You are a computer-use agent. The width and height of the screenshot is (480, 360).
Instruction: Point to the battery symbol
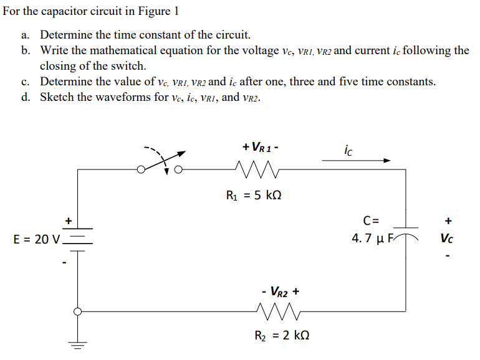coord(79,240)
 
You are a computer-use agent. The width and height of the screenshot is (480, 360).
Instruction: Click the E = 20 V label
coord(37,239)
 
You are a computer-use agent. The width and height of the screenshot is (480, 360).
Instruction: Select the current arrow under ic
coord(356,161)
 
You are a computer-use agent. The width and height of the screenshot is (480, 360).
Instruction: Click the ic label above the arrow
coord(348,149)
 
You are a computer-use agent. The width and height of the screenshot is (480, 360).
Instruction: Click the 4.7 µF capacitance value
coord(374,238)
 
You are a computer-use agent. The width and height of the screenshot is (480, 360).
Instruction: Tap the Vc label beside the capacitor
coord(447,237)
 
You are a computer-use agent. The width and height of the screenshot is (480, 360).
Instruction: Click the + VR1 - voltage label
coord(261,148)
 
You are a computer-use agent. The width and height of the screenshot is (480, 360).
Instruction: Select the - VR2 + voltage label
coord(281,291)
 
